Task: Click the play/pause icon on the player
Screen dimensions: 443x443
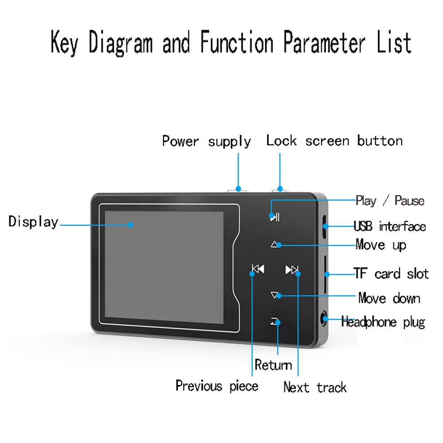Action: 275,217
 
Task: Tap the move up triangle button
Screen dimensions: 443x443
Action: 276,244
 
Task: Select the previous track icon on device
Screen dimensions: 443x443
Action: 258,269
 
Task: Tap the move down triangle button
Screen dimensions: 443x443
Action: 276,295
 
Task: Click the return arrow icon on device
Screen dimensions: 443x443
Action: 275,322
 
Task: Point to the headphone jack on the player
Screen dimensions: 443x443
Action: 325,319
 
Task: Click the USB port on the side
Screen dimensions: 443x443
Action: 324,226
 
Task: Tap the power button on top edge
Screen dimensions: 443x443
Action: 237,190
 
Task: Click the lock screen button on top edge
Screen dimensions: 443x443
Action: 280,190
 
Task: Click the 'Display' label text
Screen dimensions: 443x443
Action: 33,221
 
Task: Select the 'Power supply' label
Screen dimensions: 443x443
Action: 206,141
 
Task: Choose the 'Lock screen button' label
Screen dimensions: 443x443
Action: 334,141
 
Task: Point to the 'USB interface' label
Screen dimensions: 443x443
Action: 390,226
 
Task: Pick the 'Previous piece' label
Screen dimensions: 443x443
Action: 217,385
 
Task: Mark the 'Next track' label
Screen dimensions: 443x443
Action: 315,387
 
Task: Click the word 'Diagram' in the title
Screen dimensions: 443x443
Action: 120,43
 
